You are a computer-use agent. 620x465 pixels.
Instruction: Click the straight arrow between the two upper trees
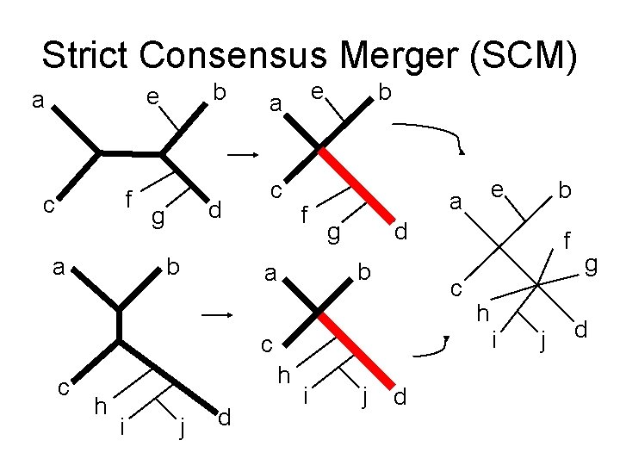pos(245,156)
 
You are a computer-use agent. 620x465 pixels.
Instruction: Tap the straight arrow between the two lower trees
pos(219,315)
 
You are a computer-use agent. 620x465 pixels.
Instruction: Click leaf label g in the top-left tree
pos(158,219)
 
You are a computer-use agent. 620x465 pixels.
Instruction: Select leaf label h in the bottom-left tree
pos(101,404)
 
